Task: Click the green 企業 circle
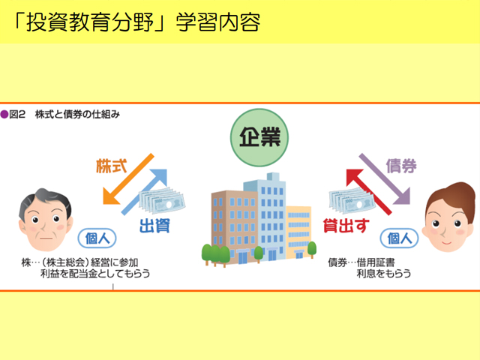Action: tap(259, 137)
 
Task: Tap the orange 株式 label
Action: tap(112, 166)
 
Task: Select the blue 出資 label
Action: tap(155, 226)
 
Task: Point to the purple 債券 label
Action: tap(401, 166)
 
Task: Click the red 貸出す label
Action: tap(346, 226)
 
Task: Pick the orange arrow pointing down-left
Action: tap(128, 178)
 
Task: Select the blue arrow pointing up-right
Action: tap(144, 192)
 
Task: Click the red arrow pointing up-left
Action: tap(369, 192)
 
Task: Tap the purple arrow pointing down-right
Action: tap(385, 178)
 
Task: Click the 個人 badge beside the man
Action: tap(97, 238)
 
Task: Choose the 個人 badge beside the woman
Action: tap(400, 238)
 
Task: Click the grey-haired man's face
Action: tap(46, 220)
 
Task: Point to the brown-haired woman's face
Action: tap(448, 217)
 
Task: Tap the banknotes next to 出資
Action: tap(162, 200)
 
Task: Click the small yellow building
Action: tap(298, 231)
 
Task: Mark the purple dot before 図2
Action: tap(4, 115)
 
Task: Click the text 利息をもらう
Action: tap(384, 273)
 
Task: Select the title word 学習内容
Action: tap(218, 22)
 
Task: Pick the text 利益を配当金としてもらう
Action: tap(95, 273)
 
